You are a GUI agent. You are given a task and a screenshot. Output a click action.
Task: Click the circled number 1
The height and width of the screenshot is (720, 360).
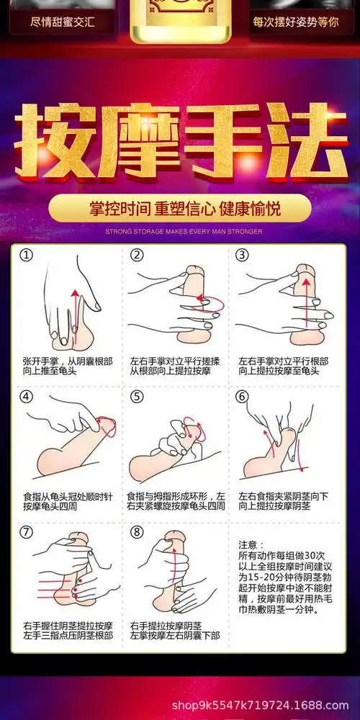pos(27,256)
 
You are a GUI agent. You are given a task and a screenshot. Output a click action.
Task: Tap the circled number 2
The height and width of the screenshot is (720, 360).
pos(137,256)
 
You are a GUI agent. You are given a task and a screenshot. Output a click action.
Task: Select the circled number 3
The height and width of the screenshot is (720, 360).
pos(243,256)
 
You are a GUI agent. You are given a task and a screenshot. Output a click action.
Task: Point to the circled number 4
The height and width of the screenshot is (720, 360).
pos(27,397)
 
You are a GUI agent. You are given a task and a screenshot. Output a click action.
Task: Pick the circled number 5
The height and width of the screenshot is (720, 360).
pos(137,397)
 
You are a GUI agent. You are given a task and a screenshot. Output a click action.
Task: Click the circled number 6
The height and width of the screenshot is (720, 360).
pos(243,397)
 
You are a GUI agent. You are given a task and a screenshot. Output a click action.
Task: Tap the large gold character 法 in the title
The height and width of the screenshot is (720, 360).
pos(303,138)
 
